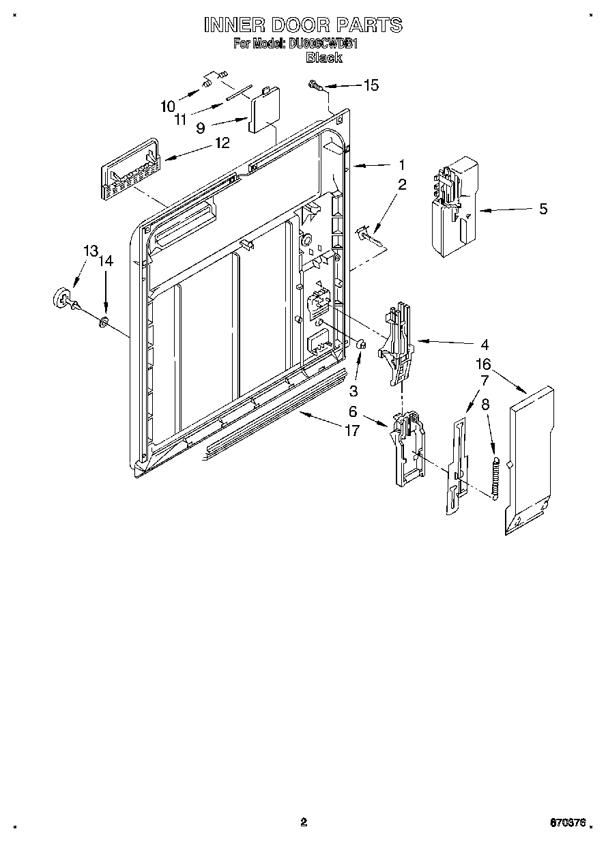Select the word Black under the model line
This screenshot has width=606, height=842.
pos(323,58)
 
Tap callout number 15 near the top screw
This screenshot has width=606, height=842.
pos(370,85)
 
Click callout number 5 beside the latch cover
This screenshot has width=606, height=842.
pos(543,209)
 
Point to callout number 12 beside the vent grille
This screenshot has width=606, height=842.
pos(222,143)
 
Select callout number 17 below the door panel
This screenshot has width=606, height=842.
pos(352,431)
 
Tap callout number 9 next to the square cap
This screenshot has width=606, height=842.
pos(200,127)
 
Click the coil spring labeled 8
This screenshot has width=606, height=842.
pos(496,478)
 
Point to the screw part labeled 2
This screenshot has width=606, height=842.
pos(367,235)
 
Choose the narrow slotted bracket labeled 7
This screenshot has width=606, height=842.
pos(455,464)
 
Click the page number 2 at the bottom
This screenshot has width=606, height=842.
pos(304,822)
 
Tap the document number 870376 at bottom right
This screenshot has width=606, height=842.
pos(568,824)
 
